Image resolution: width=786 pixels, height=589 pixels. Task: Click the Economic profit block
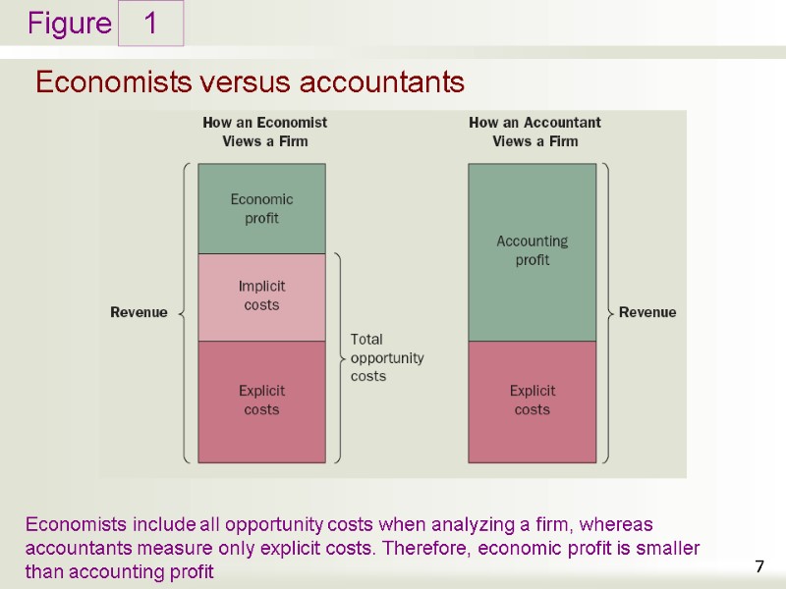(x=261, y=208)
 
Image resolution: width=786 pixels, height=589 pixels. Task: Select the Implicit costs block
(x=261, y=296)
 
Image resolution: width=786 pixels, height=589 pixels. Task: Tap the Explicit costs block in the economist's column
(x=261, y=401)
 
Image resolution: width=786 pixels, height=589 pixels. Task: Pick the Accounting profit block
(x=532, y=250)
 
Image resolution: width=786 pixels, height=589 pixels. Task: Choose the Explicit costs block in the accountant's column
(x=532, y=401)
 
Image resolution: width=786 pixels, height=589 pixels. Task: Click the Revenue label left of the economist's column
(x=139, y=312)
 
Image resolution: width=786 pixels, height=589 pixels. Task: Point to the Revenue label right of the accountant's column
(x=647, y=312)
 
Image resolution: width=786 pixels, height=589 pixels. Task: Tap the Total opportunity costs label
(x=387, y=357)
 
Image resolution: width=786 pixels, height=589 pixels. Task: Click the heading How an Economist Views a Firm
(x=264, y=132)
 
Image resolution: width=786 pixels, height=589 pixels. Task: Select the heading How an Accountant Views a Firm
(x=534, y=132)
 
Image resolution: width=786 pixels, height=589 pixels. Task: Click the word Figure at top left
(x=70, y=24)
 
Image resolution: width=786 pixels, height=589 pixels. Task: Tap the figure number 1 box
(x=151, y=24)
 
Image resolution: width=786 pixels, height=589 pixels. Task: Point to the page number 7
(x=759, y=565)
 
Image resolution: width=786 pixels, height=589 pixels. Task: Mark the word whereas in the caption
(x=620, y=524)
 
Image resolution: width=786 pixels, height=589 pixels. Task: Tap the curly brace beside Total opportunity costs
(x=338, y=357)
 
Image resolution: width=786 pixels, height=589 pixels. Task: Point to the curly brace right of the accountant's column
(x=606, y=312)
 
